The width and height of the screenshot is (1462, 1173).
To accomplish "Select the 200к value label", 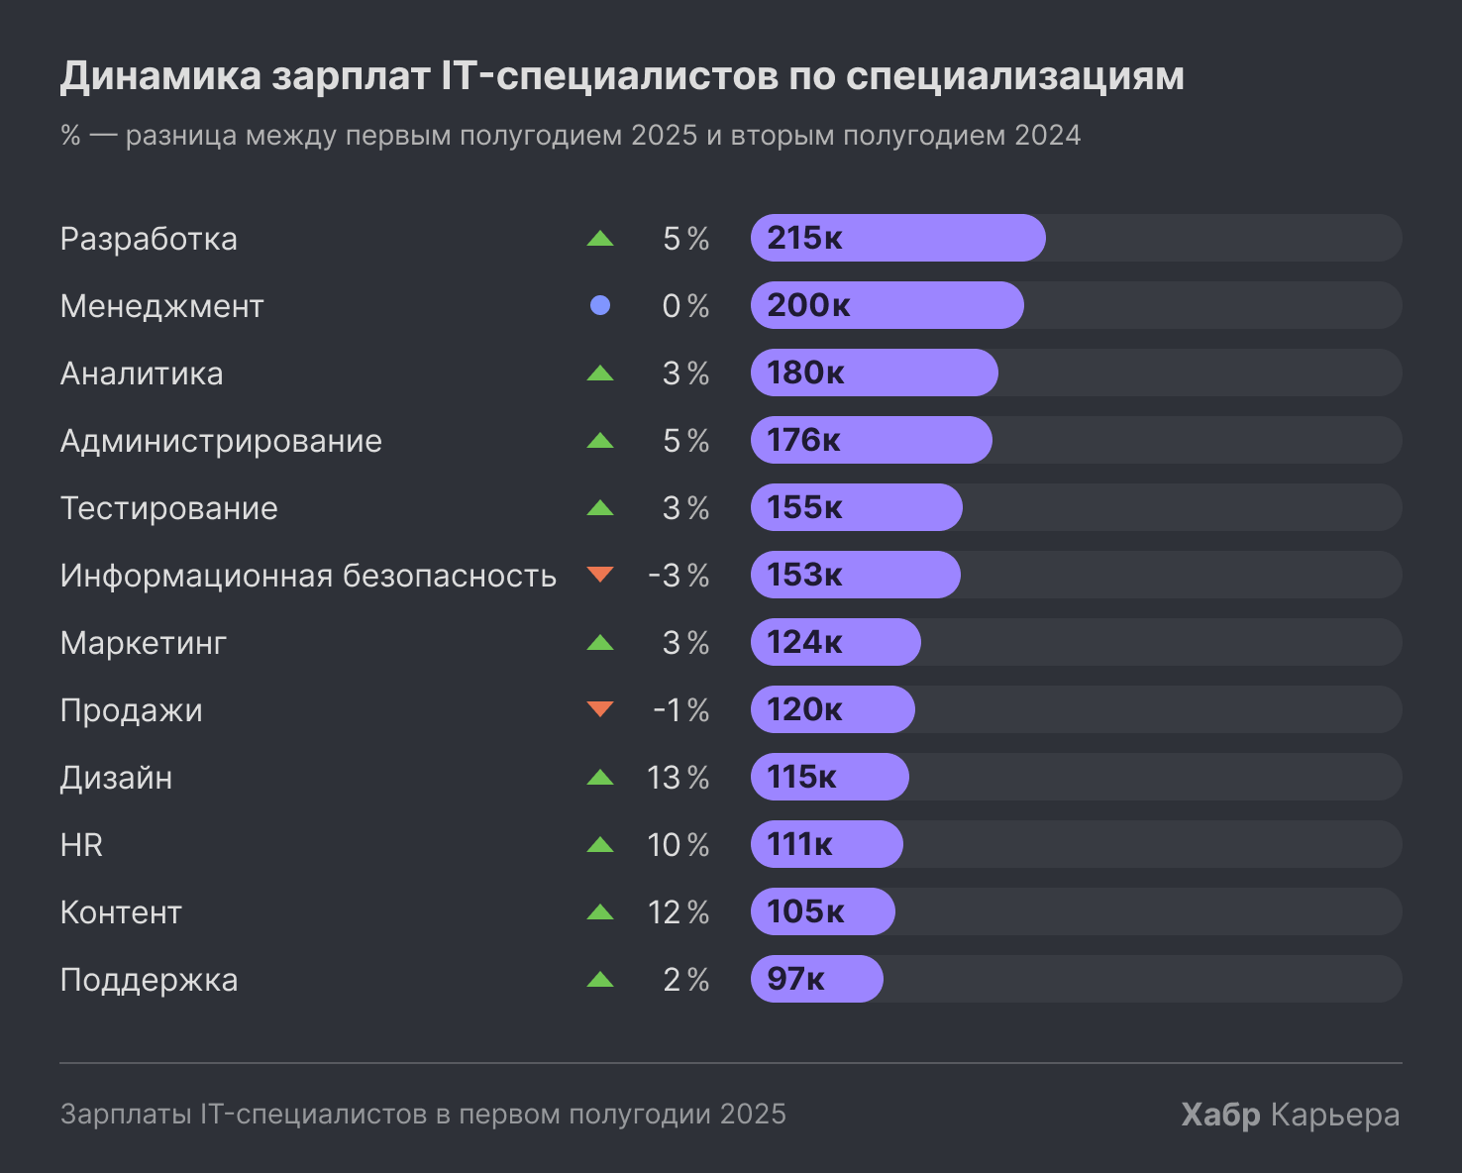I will [808, 305].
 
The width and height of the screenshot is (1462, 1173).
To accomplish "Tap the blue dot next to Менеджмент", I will [600, 306].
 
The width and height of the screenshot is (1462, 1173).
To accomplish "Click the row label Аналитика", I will [142, 373].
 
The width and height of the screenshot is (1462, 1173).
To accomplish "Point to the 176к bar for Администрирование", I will [872, 440].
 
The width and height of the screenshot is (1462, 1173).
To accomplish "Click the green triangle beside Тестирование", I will [600, 508].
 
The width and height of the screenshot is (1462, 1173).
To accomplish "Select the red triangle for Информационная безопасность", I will [600, 574].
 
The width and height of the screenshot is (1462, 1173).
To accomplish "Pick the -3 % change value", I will [679, 576].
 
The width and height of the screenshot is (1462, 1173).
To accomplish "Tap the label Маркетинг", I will [144, 643].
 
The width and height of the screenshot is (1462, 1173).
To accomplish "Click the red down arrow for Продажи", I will [600, 708].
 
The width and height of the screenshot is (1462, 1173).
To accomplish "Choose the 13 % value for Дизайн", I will [679, 778].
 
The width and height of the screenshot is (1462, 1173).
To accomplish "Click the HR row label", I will [81, 845].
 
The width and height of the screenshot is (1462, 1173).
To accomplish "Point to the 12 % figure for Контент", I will [679, 912].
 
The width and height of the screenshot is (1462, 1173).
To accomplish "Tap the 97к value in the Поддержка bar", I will [795, 979].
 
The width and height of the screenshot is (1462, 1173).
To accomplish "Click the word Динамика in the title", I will [160, 76].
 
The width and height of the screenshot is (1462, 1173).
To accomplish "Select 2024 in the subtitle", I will [1047, 135].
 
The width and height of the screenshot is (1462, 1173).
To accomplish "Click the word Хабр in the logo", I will [1220, 1115].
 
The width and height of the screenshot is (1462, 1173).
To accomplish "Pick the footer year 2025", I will [753, 1115].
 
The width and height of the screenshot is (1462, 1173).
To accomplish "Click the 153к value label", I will [804, 575].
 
